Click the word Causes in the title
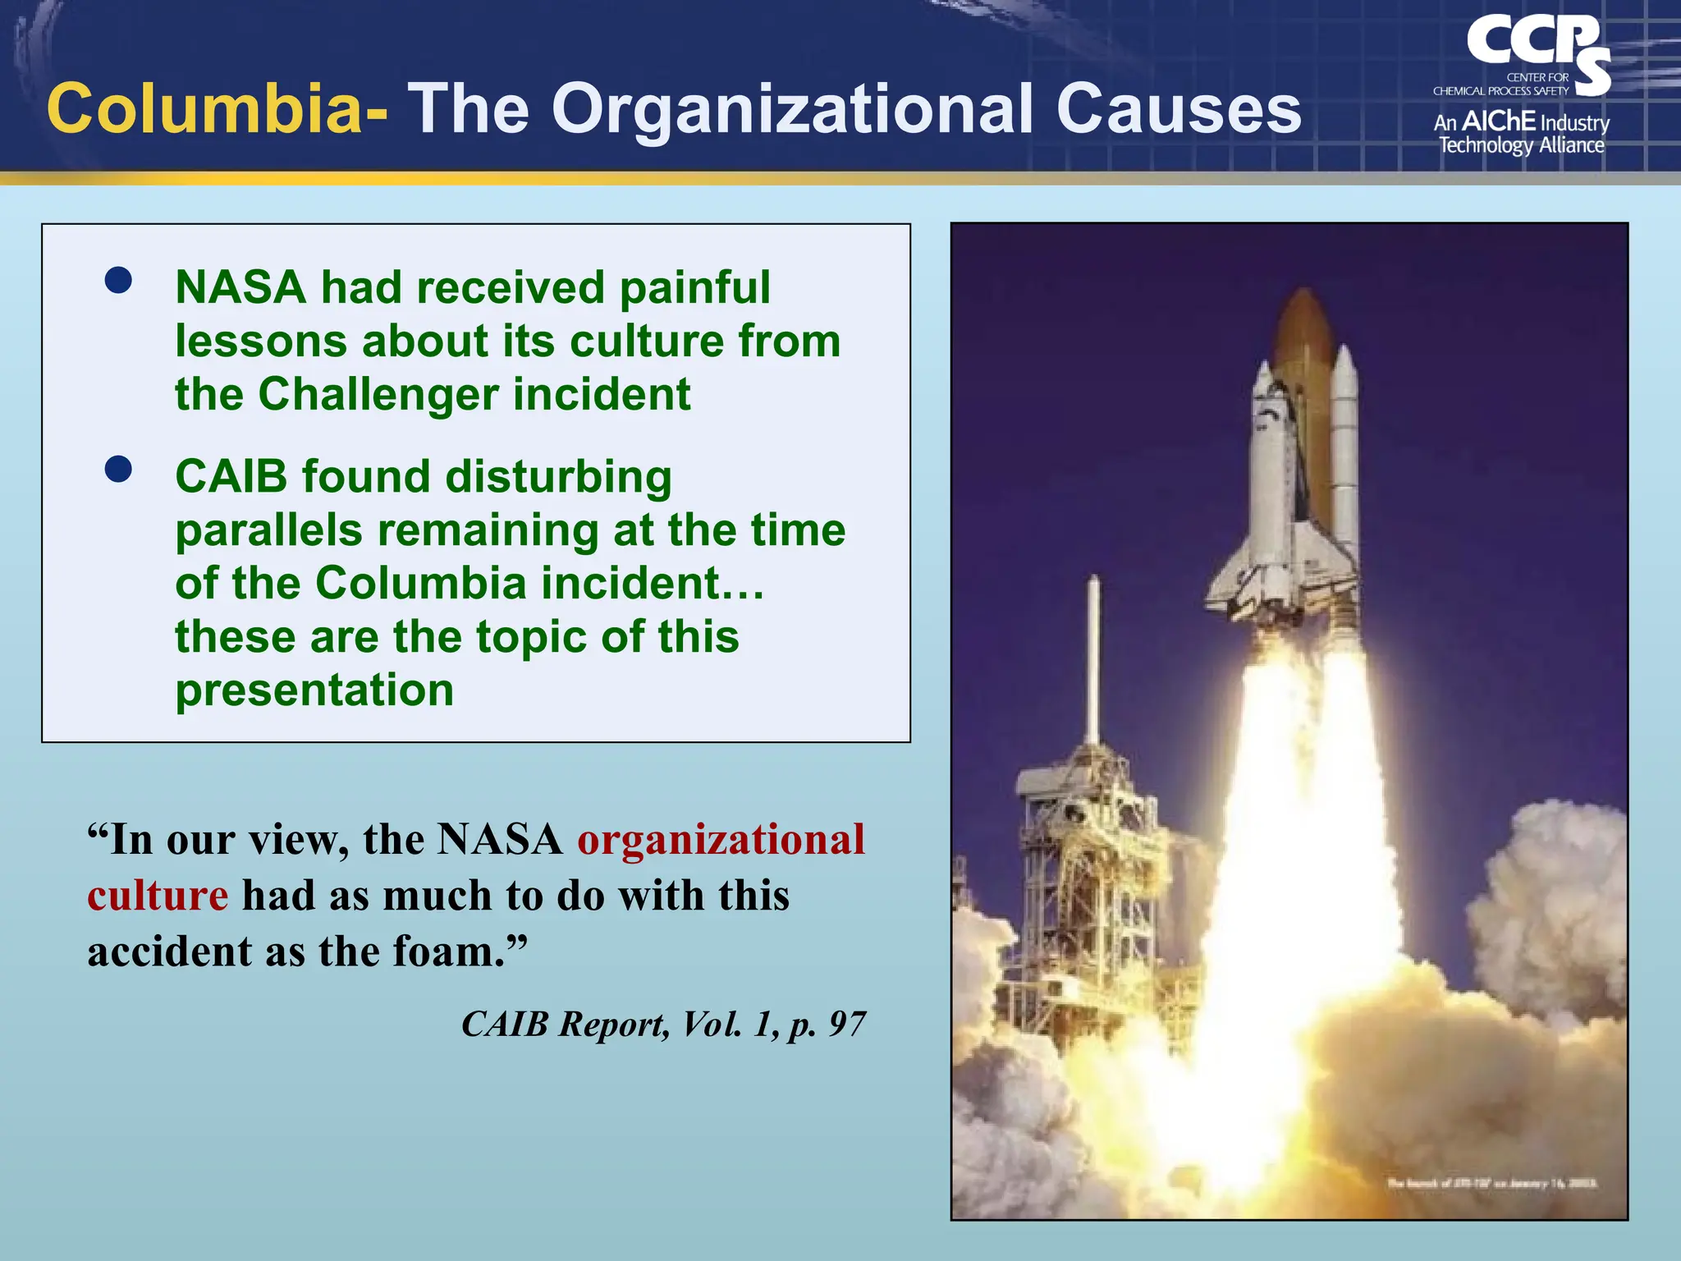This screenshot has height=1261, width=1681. (1179, 109)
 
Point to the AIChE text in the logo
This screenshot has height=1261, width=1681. (1499, 122)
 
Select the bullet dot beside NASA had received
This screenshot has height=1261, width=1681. (118, 280)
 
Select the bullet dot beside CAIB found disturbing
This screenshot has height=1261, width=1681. (118, 470)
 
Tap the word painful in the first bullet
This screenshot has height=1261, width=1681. (694, 287)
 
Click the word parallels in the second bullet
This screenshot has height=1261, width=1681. (268, 530)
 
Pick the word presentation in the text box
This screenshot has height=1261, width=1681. (314, 690)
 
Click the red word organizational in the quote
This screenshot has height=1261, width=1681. (721, 839)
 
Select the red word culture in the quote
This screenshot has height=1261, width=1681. (158, 896)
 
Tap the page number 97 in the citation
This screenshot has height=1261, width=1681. (847, 1024)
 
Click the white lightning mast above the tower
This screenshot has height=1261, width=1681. (1093, 657)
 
